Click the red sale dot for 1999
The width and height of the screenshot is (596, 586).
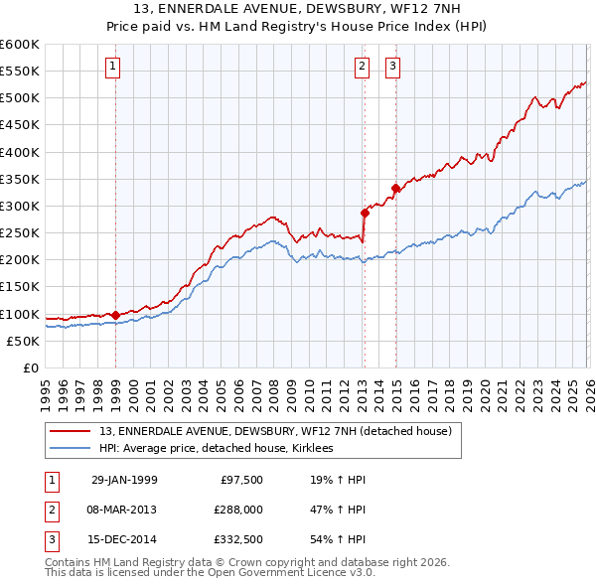(x=116, y=315)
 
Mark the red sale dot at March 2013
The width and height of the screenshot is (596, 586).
(x=364, y=212)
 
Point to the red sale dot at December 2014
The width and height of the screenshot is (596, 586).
(x=395, y=188)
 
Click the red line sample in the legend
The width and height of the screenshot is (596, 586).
(x=72, y=431)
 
